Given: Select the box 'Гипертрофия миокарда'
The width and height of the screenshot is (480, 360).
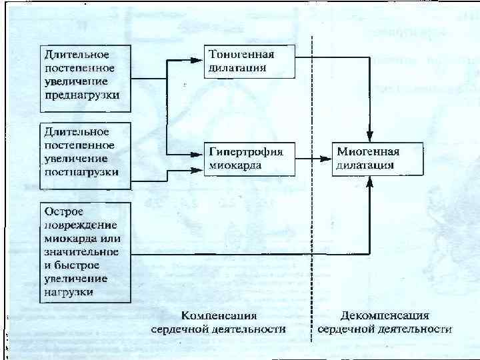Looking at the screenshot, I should (x=249, y=158).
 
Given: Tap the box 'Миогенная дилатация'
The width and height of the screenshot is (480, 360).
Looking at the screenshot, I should (x=377, y=158).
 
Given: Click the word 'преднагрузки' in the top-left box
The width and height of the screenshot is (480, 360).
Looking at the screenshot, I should (x=83, y=95).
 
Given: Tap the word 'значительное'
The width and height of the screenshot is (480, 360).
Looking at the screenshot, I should (x=81, y=251).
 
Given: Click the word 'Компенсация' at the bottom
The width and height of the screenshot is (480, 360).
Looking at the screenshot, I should (x=219, y=315).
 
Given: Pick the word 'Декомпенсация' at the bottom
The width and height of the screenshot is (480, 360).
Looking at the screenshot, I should (x=385, y=315).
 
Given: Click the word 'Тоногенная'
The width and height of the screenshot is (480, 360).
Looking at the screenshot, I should (x=241, y=54).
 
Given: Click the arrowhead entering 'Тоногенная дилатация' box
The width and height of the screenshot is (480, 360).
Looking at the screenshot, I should (x=199, y=59).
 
